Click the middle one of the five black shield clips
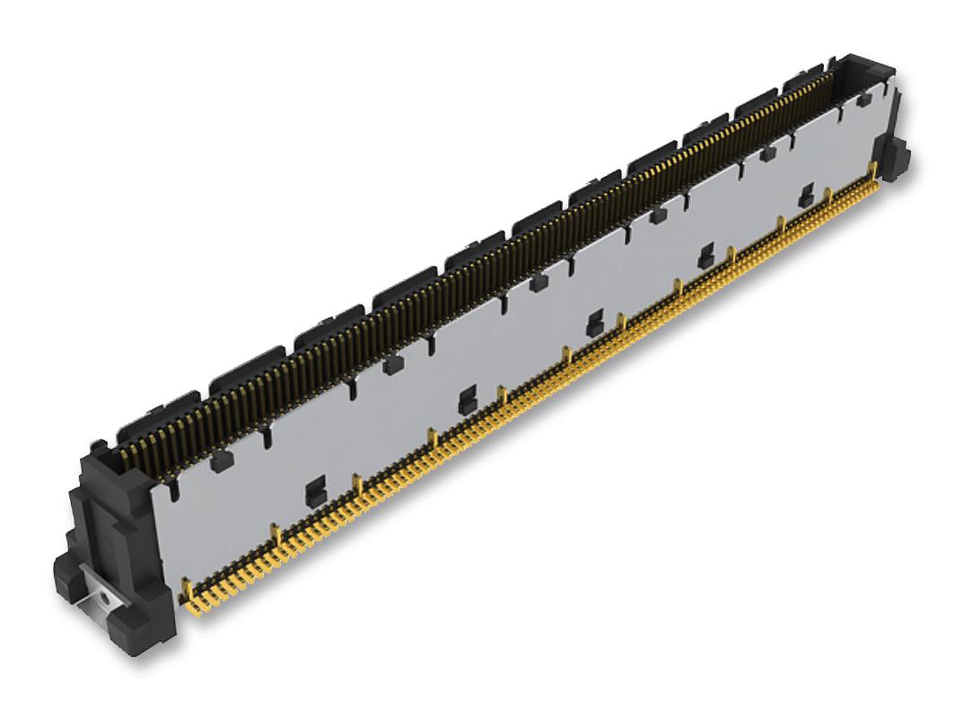coord(593,324)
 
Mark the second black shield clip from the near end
coord(465,401)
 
